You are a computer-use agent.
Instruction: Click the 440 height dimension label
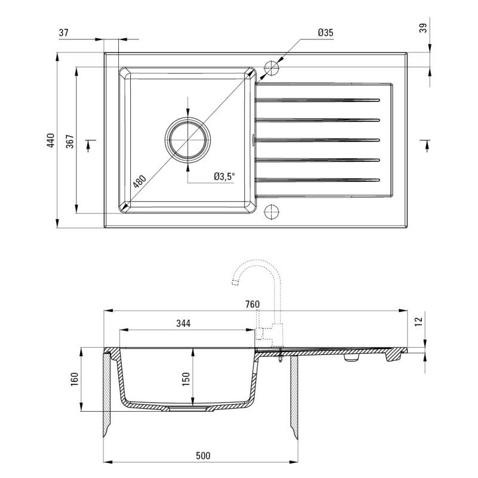pos(51,140)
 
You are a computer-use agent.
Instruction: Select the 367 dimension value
pos(70,141)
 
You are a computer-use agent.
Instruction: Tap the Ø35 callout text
pos(325,33)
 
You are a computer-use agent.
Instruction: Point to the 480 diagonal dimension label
pos(140,182)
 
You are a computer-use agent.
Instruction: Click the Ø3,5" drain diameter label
pos(225,176)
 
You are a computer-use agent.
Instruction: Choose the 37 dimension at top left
pos(63,33)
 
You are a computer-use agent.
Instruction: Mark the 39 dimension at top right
pos(423,28)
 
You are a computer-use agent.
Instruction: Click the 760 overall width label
pos(252,304)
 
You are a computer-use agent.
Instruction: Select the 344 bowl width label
pos(183,323)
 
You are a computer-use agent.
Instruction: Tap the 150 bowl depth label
pos(186,379)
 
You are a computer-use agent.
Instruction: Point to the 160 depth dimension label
pos(74,379)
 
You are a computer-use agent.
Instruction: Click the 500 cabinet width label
pos(203,455)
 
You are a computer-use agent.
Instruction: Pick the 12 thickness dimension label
pos(419,321)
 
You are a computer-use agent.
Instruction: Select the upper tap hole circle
pos(271,68)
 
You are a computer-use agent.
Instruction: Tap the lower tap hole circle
pos(271,212)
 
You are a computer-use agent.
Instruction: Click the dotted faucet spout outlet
pos(235,282)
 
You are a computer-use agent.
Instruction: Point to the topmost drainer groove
pos(317,100)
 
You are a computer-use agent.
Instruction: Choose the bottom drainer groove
pos(317,180)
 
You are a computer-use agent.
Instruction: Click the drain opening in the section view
pos(192,409)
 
